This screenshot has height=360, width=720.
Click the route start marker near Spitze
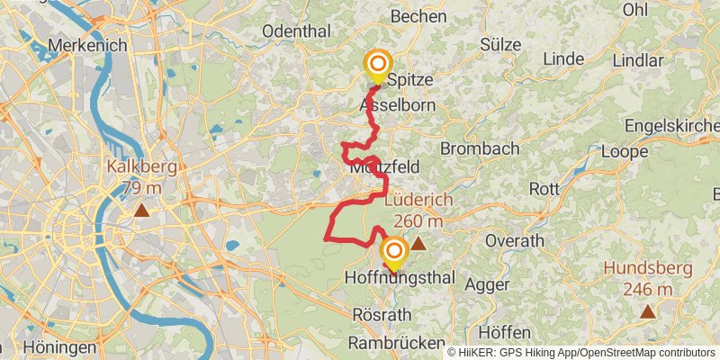pyautogui.click(x=378, y=65)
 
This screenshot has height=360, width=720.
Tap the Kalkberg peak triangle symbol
pyautogui.click(x=141, y=211)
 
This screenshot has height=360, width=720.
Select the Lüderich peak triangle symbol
pyautogui.click(x=418, y=243)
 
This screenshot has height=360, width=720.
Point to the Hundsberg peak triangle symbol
pyautogui.click(x=648, y=311)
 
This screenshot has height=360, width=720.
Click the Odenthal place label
pyautogui.click(x=296, y=31)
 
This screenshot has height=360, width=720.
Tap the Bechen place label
pyautogui.click(x=419, y=16)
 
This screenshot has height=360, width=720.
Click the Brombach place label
pyautogui.click(x=480, y=148)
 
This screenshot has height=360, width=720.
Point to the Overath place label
pyautogui.click(x=514, y=241)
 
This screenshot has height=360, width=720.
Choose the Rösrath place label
pyautogui.click(x=382, y=315)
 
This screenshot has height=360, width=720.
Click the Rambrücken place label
pyautogui.click(x=397, y=344)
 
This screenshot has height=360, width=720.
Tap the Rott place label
pyautogui.click(x=544, y=189)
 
